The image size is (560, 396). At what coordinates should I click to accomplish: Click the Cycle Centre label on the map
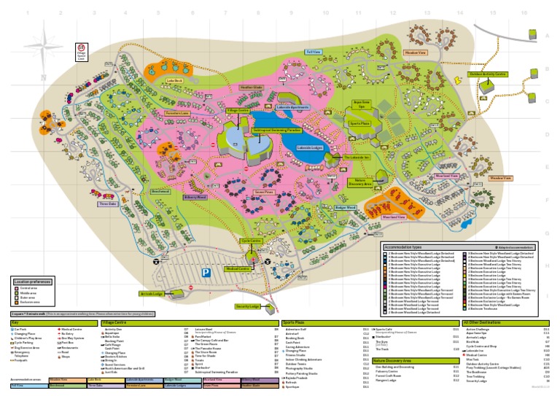pyautogui.click(x=251, y=240)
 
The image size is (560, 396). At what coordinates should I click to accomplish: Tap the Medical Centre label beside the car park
pyautogui.click(x=258, y=268)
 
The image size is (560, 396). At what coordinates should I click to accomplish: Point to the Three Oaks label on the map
pyautogui.click(x=108, y=203)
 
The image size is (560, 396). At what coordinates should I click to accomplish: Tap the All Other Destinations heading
pyautogui.click(x=506, y=322)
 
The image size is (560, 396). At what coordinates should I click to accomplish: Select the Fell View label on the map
pyautogui.click(x=314, y=53)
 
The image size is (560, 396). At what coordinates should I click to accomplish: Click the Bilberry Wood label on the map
pyautogui.click(x=196, y=197)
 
